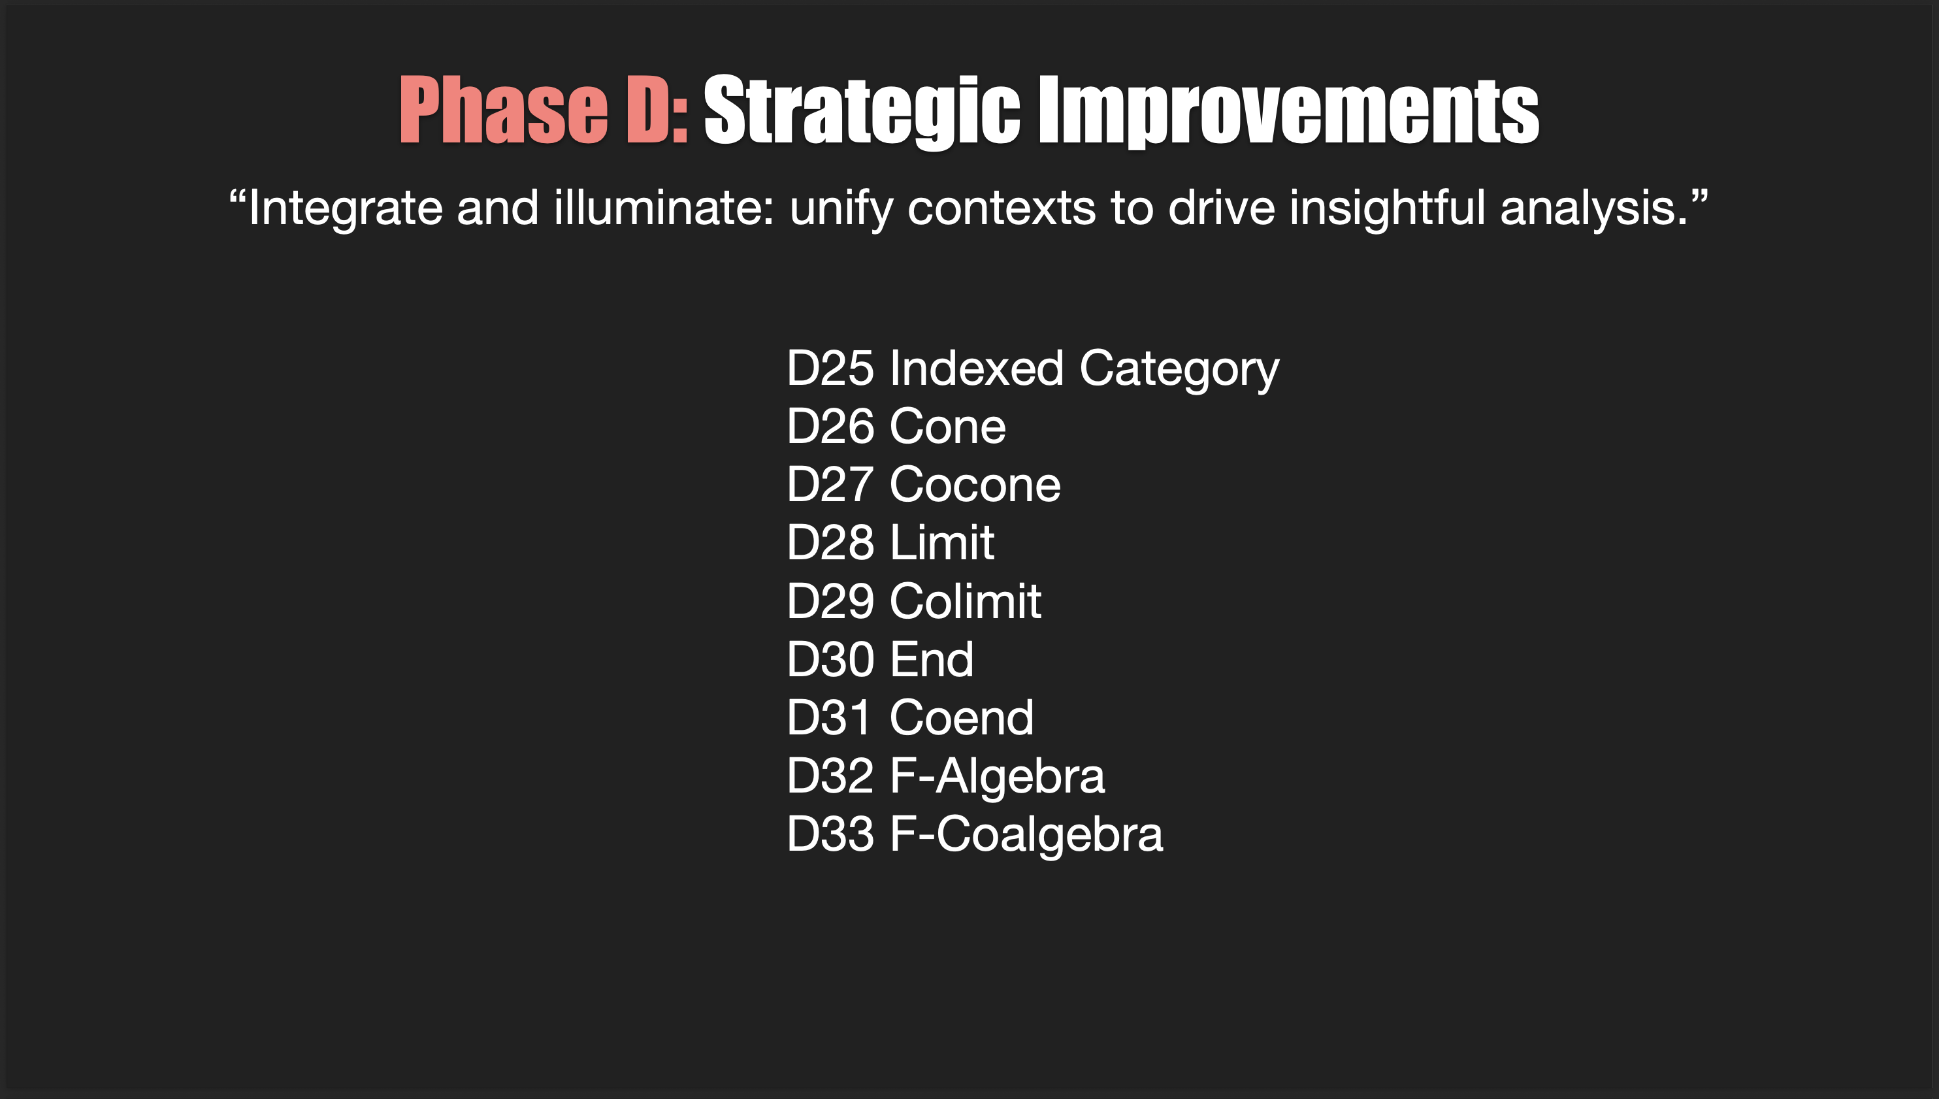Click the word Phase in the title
pyautogui.click(x=503, y=111)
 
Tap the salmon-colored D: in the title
pyautogui.click(x=657, y=111)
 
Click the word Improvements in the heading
pyautogui.click(x=1289, y=111)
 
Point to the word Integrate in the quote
pyautogui.click(x=345, y=208)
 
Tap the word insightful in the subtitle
pyautogui.click(x=1387, y=208)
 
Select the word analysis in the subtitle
pyautogui.click(x=1592, y=208)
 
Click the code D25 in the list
pyautogui.click(x=830, y=369)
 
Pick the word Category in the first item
pyautogui.click(x=1179, y=369)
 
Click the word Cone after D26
pyautogui.click(x=948, y=427)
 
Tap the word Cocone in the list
pyautogui.click(x=975, y=485)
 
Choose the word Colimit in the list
pyautogui.click(x=965, y=602)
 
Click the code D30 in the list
pyautogui.click(x=830, y=660)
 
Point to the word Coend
pyautogui.click(x=961, y=718)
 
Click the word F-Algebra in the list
pyautogui.click(x=997, y=776)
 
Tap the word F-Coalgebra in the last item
pyautogui.click(x=1026, y=834)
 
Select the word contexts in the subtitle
pyautogui.click(x=1002, y=208)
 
